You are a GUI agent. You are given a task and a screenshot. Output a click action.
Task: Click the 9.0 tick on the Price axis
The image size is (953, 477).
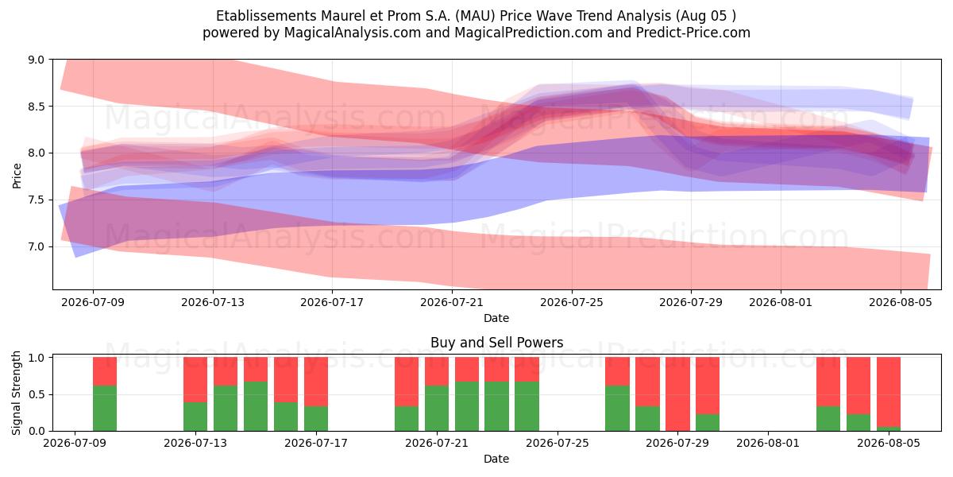coord(37,60)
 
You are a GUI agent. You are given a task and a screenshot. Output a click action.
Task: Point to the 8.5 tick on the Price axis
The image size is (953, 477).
coord(37,107)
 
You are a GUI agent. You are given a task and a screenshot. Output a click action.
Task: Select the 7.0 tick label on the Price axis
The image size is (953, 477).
coord(37,247)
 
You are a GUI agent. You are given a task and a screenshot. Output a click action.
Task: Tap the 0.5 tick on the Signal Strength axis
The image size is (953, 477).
coord(37,394)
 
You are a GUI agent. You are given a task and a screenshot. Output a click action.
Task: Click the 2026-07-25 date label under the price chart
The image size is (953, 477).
coord(571,302)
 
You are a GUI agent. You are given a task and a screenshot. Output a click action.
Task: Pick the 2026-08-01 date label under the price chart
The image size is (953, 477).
coord(781,302)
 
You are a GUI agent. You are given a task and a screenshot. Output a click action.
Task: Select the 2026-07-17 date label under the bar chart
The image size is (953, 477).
coord(316,444)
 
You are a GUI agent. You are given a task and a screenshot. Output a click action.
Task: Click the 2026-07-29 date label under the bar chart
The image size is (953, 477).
coord(677,444)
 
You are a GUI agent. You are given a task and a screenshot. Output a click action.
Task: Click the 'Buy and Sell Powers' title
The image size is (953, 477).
coord(496,343)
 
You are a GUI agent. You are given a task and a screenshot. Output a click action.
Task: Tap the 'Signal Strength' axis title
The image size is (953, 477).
coord(16,393)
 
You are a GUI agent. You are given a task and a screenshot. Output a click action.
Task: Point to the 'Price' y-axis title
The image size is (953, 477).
coord(17,176)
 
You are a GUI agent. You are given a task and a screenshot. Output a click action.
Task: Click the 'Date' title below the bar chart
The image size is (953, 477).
coord(496,459)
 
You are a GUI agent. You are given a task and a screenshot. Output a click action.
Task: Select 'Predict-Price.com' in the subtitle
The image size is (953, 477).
coord(693,33)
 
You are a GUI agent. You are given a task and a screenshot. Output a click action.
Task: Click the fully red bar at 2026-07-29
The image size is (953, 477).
coord(677,394)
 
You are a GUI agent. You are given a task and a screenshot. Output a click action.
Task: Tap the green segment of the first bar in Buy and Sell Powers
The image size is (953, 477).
coord(105,408)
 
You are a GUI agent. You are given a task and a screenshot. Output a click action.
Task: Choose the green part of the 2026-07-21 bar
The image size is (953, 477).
coord(437,408)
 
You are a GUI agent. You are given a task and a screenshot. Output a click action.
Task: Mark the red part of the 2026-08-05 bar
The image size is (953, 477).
coord(889,392)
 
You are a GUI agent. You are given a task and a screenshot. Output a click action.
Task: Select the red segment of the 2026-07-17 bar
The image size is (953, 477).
coord(316,382)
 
